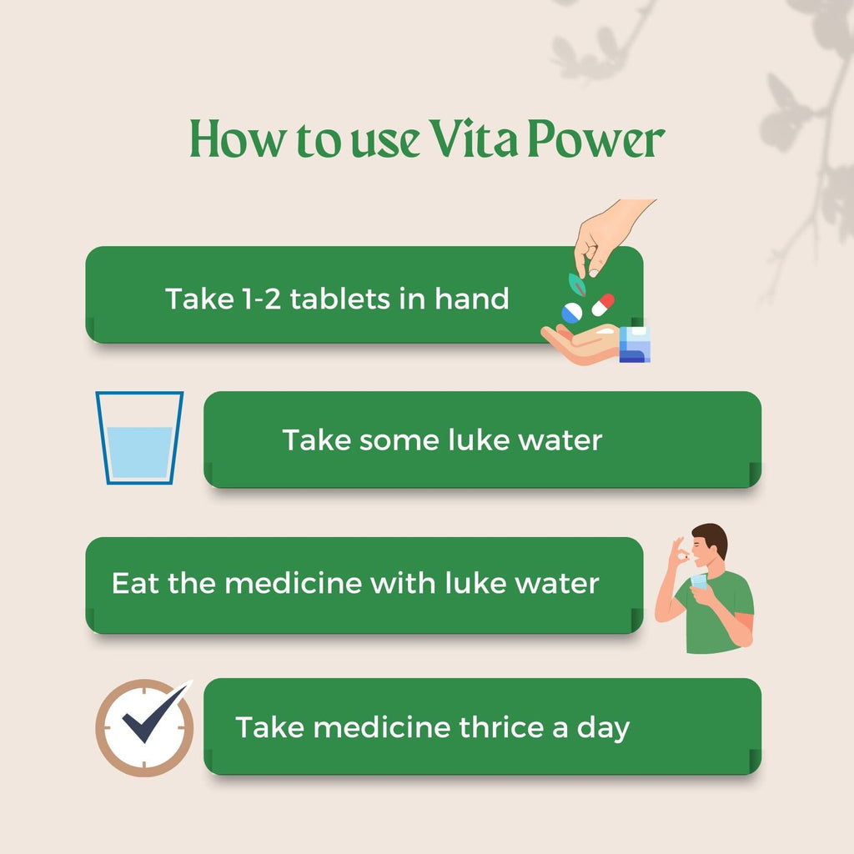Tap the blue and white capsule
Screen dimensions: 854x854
click(572, 314)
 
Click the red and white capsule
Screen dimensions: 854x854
click(603, 304)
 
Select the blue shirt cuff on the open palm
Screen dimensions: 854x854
click(634, 344)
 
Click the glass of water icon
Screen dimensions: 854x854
click(139, 438)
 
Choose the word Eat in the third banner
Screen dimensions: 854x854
click(135, 583)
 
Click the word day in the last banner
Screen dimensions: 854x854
click(603, 729)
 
